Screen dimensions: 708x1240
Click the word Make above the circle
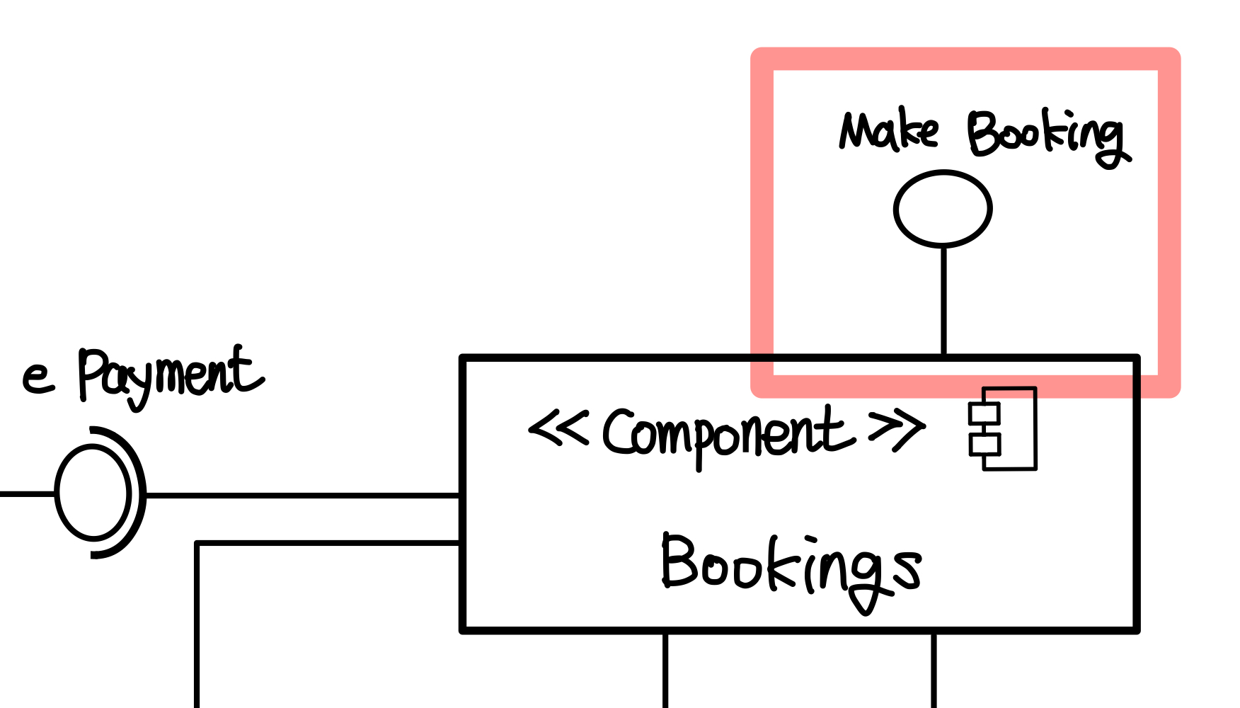click(x=889, y=131)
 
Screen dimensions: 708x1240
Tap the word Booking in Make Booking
click(x=1046, y=136)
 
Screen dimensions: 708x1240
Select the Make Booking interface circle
click(x=943, y=209)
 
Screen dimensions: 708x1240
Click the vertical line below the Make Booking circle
click(x=943, y=301)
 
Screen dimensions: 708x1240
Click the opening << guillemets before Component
click(x=558, y=428)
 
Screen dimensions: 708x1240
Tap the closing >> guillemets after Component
click(x=897, y=428)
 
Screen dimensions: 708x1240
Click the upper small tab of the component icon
click(x=984, y=413)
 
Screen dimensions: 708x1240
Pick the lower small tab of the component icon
click(x=984, y=445)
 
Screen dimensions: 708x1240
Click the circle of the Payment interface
click(x=93, y=493)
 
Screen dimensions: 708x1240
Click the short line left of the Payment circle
click(x=27, y=493)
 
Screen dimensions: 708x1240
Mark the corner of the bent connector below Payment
click(x=197, y=544)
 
